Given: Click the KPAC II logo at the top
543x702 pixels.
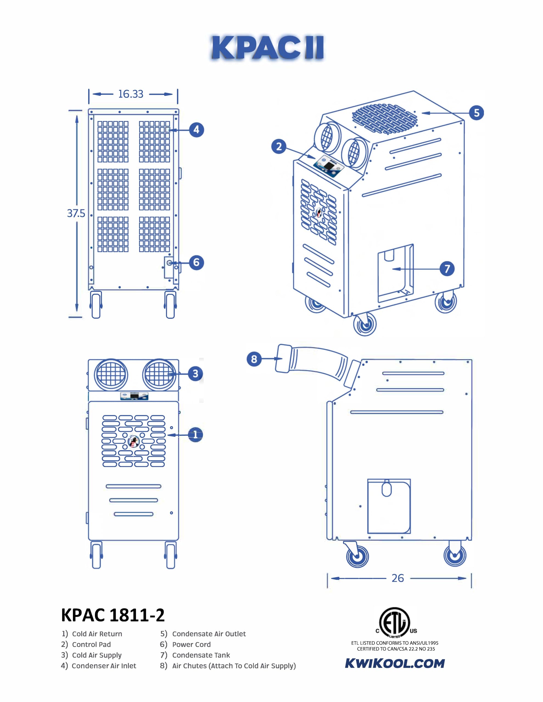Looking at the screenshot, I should [x=267, y=47].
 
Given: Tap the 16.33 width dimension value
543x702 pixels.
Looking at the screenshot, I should [x=130, y=94].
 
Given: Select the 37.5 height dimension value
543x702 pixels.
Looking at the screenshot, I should [x=76, y=213].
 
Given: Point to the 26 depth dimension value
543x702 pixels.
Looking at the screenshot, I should [x=398, y=578].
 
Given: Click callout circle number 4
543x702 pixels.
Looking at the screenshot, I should [x=196, y=130].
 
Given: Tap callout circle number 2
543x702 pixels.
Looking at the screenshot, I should [x=279, y=147].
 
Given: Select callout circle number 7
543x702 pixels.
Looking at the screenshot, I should [x=447, y=269].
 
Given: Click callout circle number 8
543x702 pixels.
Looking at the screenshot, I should [x=254, y=359].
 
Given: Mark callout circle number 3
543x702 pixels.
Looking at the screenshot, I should [x=195, y=373].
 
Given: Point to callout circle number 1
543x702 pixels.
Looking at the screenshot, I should [x=195, y=435].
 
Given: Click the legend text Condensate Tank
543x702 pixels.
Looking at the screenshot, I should [x=201, y=655].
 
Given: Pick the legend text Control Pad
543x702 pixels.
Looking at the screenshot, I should [x=91, y=644].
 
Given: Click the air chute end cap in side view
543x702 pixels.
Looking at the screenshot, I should [x=283, y=359].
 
